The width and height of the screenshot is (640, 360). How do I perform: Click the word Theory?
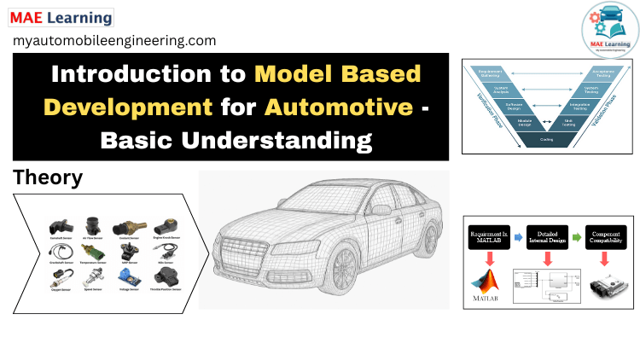pyautogui.click(x=48, y=178)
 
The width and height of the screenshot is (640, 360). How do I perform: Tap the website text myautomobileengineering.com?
pyautogui.click(x=114, y=40)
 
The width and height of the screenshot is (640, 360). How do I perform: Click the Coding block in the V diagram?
pyautogui.click(x=546, y=140)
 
